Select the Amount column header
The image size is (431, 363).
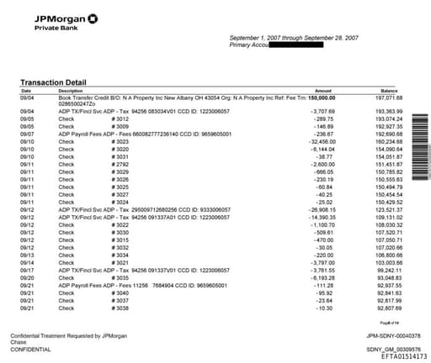(x=323, y=91)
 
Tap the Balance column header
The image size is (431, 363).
(x=388, y=91)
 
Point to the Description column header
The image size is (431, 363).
(x=71, y=91)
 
